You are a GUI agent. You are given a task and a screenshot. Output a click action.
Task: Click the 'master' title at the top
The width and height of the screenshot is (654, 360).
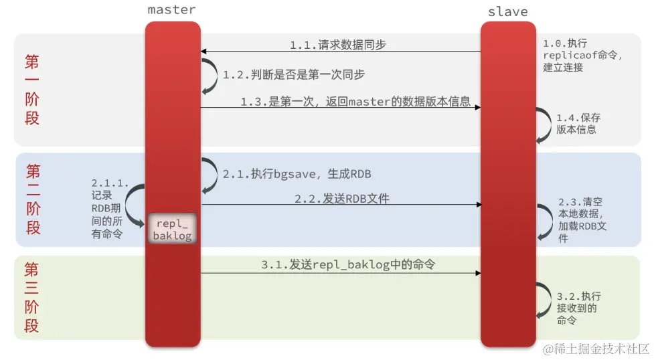coord(172,10)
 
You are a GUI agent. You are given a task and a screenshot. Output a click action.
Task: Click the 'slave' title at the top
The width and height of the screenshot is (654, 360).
coord(507,12)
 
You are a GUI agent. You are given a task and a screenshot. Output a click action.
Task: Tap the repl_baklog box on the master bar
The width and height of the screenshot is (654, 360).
coord(172,229)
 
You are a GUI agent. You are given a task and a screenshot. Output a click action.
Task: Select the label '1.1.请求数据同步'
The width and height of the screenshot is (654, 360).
coord(337,45)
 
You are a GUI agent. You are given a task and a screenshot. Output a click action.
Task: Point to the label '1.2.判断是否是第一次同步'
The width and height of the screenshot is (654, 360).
coord(294,75)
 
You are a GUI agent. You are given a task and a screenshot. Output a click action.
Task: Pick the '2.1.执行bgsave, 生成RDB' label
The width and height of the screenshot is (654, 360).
coord(297,173)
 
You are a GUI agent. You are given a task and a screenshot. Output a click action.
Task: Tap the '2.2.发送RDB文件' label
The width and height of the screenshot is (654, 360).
coord(341,199)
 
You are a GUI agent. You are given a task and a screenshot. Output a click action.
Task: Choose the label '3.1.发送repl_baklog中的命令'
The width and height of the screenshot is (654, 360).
coord(348,265)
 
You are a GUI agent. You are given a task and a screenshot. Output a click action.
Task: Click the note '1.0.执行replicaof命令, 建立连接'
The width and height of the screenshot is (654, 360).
coord(582,55)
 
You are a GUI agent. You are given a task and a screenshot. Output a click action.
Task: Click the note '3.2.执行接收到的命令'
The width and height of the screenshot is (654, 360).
coord(578,308)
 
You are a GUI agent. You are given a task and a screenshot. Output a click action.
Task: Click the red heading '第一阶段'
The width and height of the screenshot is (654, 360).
coord(32,90)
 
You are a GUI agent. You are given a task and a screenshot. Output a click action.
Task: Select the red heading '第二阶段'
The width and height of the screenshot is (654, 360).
coord(33,199)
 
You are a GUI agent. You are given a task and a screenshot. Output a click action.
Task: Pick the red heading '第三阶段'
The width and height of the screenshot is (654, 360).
coord(31,298)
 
